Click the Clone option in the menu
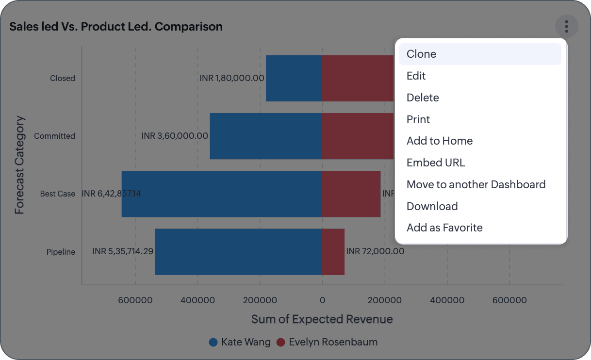[421, 54]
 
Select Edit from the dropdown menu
[416, 76]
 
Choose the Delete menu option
[423, 98]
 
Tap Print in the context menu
[418, 119]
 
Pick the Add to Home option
[440, 141]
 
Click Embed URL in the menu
[436, 163]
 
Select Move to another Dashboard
[476, 184]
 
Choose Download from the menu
[432, 206]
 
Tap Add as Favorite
[444, 228]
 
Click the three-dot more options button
[566, 26]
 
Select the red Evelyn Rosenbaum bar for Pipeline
[333, 252]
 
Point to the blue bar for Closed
[294, 78]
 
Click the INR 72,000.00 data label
[375, 251]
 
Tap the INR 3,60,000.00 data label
[175, 136]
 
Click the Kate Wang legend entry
[240, 342]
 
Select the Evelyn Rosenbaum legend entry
[327, 342]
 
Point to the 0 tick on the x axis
[322, 300]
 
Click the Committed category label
[54, 136]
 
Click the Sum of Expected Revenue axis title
[322, 319]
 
